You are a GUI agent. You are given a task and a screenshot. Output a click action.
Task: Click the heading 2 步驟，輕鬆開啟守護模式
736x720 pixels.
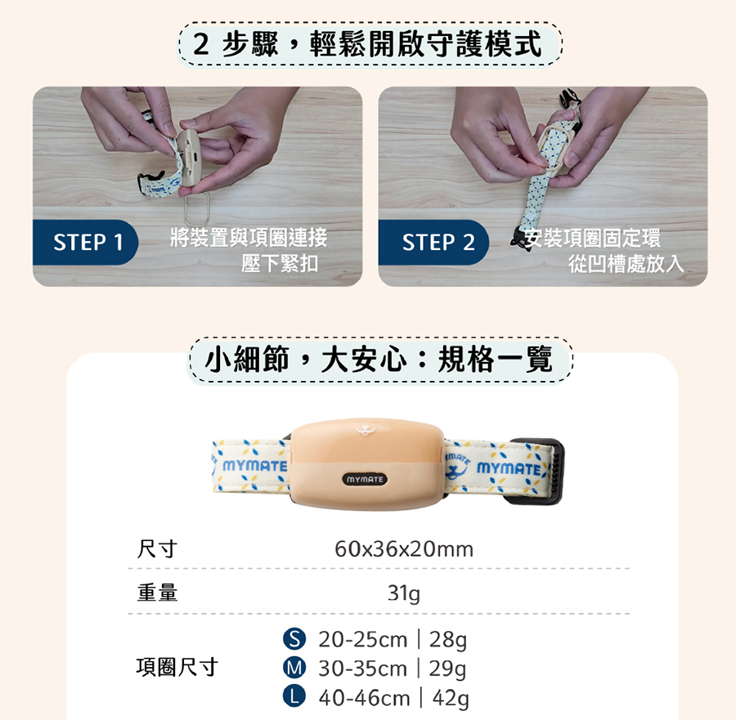(x=370, y=44)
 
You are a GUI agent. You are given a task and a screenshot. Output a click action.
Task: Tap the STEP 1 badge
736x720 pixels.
(x=88, y=243)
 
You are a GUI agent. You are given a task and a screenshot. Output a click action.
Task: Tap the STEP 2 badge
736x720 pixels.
(x=438, y=243)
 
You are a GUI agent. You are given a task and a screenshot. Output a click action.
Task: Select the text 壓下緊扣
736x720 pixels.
(x=280, y=263)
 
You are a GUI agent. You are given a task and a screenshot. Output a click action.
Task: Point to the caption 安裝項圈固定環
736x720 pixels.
(x=593, y=238)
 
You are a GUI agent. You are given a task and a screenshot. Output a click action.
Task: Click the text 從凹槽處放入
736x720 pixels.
(x=626, y=263)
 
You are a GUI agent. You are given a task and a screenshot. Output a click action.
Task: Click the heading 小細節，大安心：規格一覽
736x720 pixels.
(x=379, y=360)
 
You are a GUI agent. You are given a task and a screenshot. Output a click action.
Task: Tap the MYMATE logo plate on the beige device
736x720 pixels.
(x=365, y=479)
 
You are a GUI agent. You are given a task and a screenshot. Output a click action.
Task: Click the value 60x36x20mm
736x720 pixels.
(x=404, y=549)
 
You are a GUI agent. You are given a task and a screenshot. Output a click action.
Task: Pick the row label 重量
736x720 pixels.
(x=157, y=593)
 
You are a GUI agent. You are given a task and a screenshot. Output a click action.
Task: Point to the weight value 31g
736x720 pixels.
(x=404, y=593)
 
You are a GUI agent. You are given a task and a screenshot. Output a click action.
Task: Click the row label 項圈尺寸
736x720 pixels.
(x=177, y=667)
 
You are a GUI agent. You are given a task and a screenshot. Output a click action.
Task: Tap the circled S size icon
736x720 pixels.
(x=294, y=639)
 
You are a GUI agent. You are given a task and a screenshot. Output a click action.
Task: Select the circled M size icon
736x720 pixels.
(x=294, y=669)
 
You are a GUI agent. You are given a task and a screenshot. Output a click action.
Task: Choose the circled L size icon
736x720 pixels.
(x=294, y=698)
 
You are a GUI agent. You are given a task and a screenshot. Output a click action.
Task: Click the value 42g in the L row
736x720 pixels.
(x=449, y=698)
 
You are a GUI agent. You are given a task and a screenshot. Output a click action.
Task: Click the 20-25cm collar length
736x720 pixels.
(x=362, y=639)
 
